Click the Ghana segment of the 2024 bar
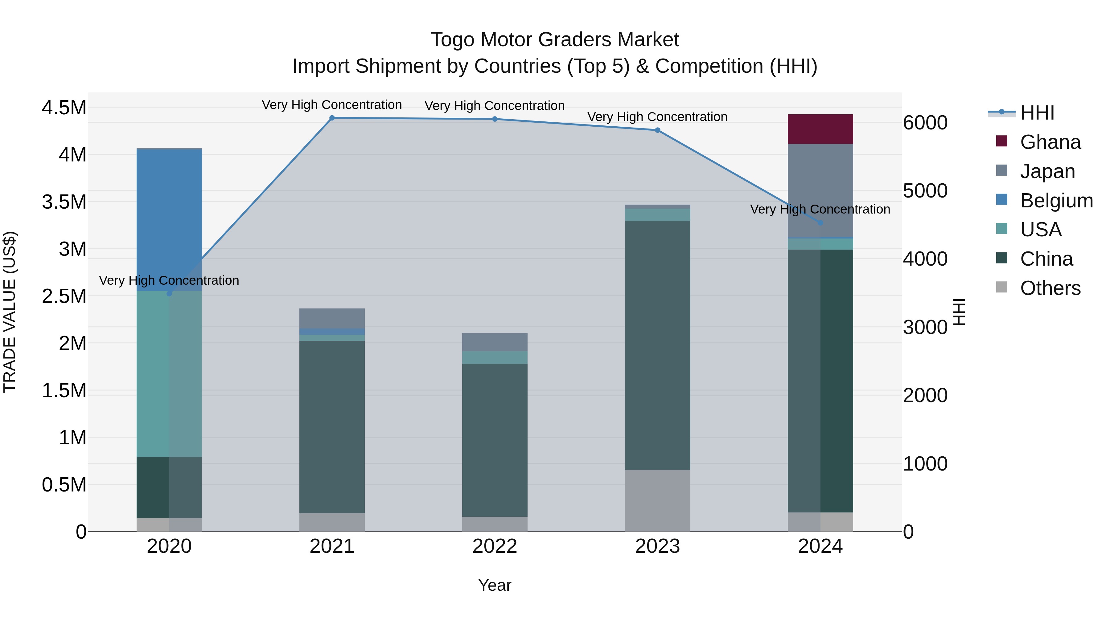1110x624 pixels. tap(820, 129)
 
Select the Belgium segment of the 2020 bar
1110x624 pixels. tap(169, 220)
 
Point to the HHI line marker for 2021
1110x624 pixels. tap(332, 118)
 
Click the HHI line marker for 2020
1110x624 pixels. tap(169, 294)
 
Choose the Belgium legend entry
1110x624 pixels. tap(1056, 201)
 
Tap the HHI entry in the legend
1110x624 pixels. tap(1037, 113)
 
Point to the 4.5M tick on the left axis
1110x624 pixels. tap(64, 108)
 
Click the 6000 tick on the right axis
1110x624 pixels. tap(925, 123)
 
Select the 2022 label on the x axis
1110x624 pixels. tap(495, 546)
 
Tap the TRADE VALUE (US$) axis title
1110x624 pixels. tap(10, 312)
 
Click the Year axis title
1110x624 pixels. tap(495, 585)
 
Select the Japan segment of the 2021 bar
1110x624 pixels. tap(332, 318)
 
